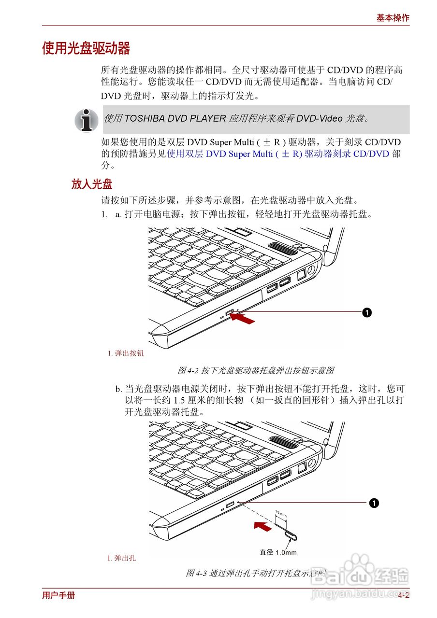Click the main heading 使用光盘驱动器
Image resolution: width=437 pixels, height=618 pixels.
point(86,49)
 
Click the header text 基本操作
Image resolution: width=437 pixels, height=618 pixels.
point(393,18)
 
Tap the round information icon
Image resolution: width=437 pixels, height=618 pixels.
point(87,120)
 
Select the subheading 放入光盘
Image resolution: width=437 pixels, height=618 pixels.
point(92,184)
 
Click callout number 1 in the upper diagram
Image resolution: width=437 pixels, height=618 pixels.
point(367,312)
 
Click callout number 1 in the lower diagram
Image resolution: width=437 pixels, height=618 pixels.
point(373,503)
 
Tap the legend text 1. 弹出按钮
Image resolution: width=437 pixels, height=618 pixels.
point(126,353)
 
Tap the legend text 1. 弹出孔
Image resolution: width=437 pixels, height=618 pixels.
point(121,558)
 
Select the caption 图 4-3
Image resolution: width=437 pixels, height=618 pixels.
point(256,574)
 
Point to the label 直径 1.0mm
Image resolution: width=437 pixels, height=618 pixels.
point(278,552)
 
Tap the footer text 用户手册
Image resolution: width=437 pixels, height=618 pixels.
point(58,595)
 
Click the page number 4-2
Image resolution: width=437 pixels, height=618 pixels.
point(404,595)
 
